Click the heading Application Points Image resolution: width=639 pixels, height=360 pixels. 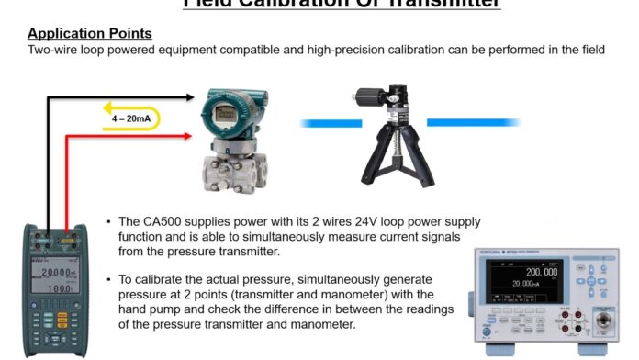pyautogui.click(x=89, y=34)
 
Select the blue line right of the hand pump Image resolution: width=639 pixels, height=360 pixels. pyautogui.click(x=473, y=121)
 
